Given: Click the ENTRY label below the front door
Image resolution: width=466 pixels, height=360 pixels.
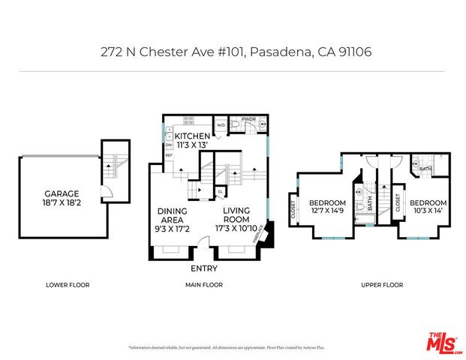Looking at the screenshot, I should pyautogui.click(x=204, y=268).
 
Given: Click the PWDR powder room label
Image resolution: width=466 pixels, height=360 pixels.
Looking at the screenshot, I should pyautogui.click(x=248, y=118).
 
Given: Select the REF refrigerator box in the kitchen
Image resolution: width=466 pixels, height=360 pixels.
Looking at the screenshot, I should pyautogui.click(x=169, y=155).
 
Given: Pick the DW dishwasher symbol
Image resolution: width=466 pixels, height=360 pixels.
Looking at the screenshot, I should pyautogui.click(x=169, y=145).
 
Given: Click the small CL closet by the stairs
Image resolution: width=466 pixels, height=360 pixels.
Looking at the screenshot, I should pyautogui.click(x=218, y=193).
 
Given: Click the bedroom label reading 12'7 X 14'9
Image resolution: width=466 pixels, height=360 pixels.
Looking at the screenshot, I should pyautogui.click(x=327, y=207).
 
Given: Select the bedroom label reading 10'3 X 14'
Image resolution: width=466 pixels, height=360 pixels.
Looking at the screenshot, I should pyautogui.click(x=428, y=207).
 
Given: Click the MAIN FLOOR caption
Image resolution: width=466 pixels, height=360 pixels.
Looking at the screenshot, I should pyautogui.click(x=204, y=285).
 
